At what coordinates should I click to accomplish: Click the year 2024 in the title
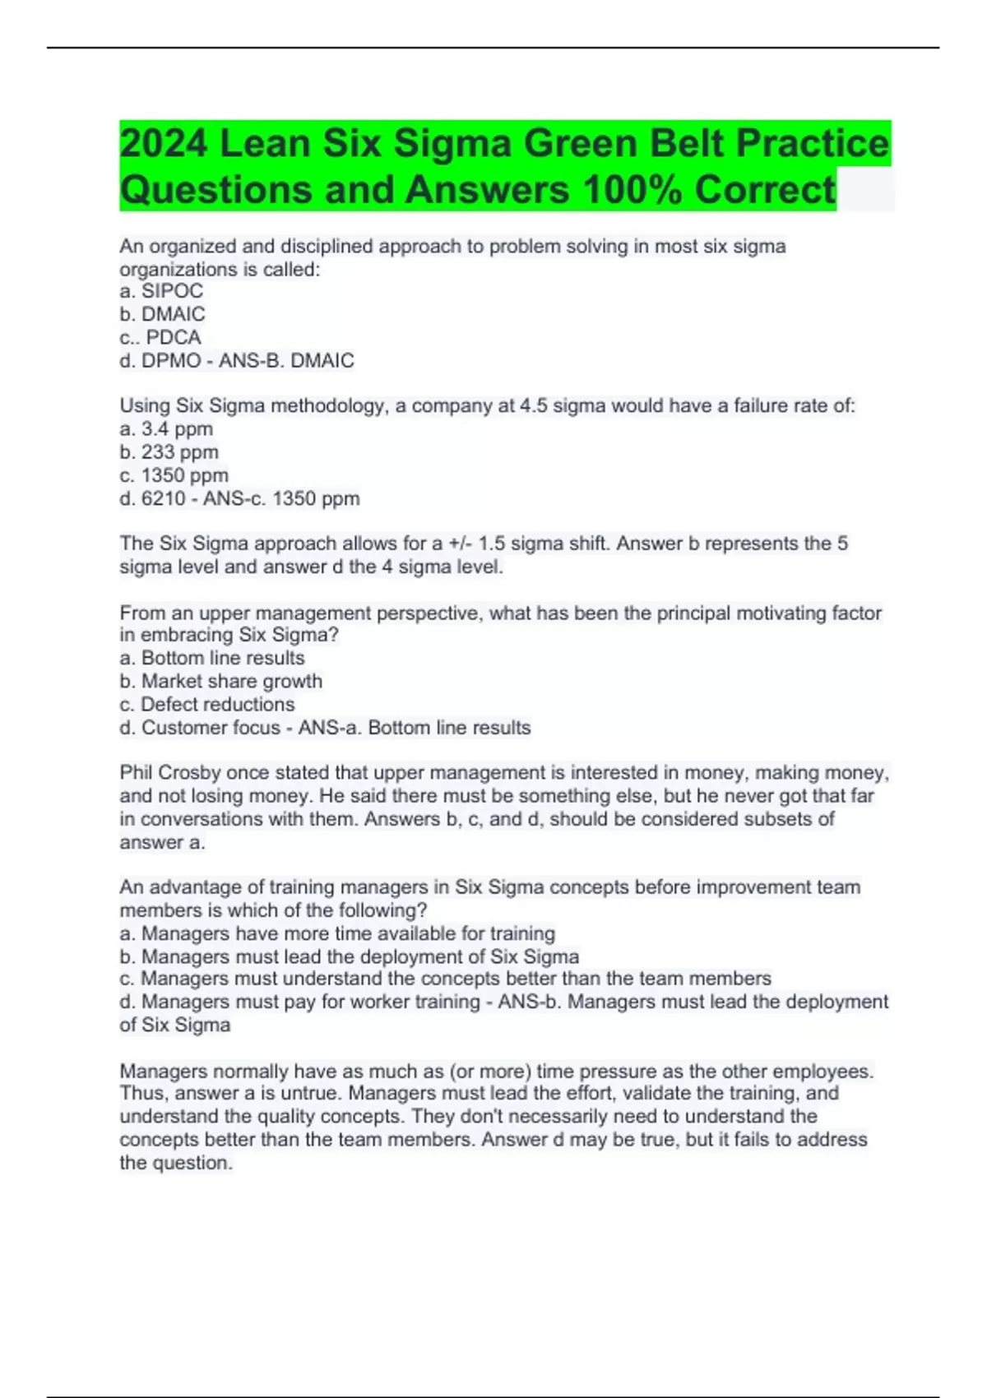click(164, 144)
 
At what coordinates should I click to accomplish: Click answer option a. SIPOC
click(161, 291)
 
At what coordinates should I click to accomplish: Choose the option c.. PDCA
click(160, 337)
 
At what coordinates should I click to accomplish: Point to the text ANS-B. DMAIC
click(286, 360)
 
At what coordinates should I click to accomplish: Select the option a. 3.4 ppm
click(166, 428)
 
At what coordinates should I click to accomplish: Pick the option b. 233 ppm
click(169, 451)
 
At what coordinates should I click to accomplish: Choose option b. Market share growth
click(221, 681)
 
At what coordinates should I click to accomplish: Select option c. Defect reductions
click(207, 704)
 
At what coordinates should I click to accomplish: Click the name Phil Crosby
click(170, 773)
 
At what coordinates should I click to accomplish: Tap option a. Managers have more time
click(337, 933)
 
